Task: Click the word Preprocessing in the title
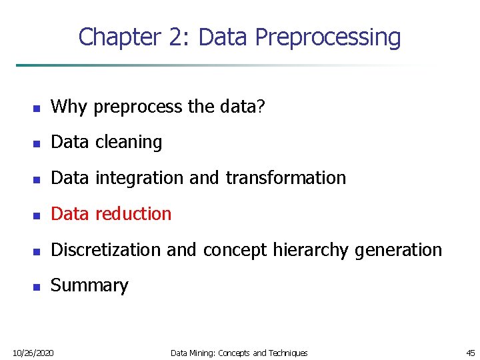pyautogui.click(x=328, y=37)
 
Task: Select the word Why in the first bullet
pyautogui.click(x=69, y=106)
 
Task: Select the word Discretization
pyautogui.click(x=106, y=250)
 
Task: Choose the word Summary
pyautogui.click(x=89, y=286)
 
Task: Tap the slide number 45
pyautogui.click(x=470, y=353)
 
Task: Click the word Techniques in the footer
pyautogui.click(x=287, y=353)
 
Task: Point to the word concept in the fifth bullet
pyautogui.click(x=235, y=251)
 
